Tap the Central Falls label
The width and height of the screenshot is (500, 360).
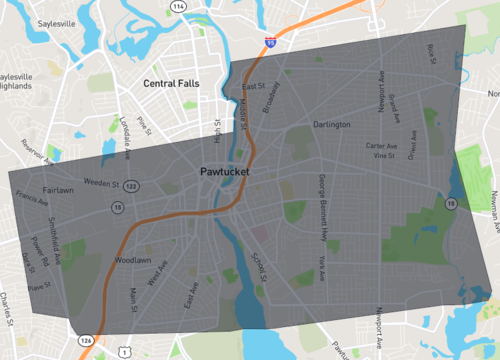click(173, 83)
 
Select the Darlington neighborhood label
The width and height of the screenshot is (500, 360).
click(331, 125)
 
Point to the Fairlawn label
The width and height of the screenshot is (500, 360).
click(58, 188)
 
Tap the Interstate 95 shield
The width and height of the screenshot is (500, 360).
click(271, 43)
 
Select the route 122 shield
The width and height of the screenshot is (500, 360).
click(131, 185)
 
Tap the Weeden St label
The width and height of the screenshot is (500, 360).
click(101, 184)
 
